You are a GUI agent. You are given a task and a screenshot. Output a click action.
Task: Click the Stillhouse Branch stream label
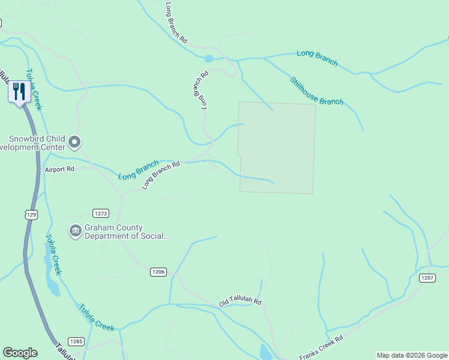[316, 91]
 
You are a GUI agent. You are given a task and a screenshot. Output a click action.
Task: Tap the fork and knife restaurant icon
[19, 92]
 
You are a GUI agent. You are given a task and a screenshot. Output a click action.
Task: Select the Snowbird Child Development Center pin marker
[74, 142]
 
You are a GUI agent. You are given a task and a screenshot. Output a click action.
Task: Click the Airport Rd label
[59, 170]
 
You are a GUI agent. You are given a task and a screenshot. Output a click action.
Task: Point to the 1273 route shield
[101, 213]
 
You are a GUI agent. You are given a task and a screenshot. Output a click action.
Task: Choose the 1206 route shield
[158, 272]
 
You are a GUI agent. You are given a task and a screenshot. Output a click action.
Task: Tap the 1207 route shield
[427, 278]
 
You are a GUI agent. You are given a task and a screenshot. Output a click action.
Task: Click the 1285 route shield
[76, 341]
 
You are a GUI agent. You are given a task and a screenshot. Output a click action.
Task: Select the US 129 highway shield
[31, 214]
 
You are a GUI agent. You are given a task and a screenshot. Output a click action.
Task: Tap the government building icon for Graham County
[75, 232]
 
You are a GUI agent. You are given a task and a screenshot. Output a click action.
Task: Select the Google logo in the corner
[20, 353]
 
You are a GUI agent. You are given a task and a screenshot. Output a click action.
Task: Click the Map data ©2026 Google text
[411, 355]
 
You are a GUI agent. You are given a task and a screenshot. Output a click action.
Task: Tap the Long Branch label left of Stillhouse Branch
[317, 58]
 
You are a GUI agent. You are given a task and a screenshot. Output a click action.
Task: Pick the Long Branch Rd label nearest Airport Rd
[161, 175]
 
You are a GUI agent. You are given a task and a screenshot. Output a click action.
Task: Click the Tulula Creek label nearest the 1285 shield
[96, 317]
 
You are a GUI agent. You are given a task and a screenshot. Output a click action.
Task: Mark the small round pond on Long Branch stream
[208, 59]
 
